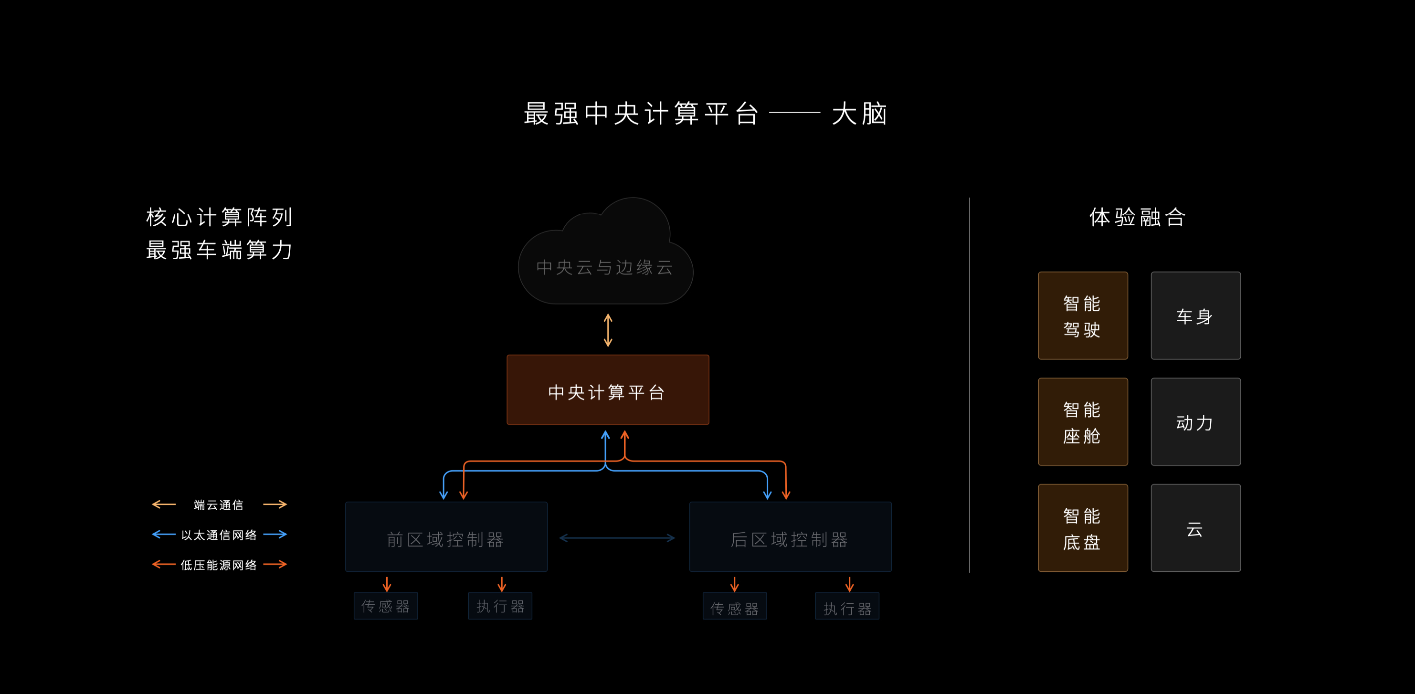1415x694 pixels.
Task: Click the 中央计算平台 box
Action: click(x=608, y=390)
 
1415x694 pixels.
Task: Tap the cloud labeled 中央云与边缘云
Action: click(x=605, y=258)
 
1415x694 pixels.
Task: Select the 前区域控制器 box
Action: click(x=446, y=537)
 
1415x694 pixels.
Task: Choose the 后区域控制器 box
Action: click(x=791, y=537)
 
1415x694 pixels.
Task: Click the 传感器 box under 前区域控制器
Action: click(x=386, y=606)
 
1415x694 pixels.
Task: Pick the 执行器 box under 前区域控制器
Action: click(x=500, y=606)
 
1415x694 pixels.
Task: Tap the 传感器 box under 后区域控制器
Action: click(x=734, y=606)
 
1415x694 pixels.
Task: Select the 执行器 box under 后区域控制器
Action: click(x=847, y=606)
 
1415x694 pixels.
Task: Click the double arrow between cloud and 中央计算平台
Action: click(x=608, y=330)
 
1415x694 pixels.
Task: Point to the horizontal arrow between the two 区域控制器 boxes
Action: click(x=617, y=538)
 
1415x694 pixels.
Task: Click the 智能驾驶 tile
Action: click(x=1083, y=315)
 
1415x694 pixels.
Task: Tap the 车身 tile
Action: click(x=1196, y=315)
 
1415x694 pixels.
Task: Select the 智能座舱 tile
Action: click(x=1083, y=421)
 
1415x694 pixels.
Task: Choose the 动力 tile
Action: click(x=1196, y=421)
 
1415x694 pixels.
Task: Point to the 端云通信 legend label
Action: click(x=219, y=505)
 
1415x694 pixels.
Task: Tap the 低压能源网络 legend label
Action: click(x=219, y=566)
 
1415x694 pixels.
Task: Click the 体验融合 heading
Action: click(x=1138, y=218)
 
